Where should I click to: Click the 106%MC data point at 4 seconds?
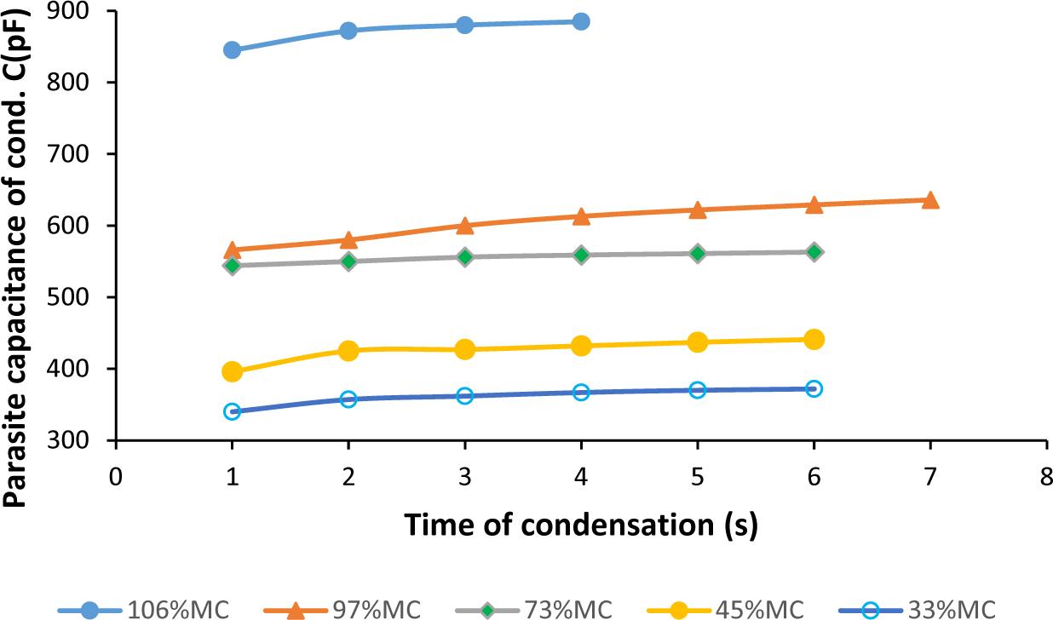pyautogui.click(x=581, y=21)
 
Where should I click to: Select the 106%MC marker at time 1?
pyautogui.click(x=232, y=50)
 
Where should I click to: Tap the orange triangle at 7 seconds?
pyautogui.click(x=930, y=200)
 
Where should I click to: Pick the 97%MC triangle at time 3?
pyautogui.click(x=464, y=226)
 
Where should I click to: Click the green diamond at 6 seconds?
pyautogui.click(x=814, y=252)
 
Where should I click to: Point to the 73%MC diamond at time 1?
pyautogui.click(x=232, y=266)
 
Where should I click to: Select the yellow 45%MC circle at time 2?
pyautogui.click(x=348, y=351)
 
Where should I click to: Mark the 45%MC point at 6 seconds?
pyautogui.click(x=814, y=340)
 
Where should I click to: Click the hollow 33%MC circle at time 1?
pyautogui.click(x=232, y=411)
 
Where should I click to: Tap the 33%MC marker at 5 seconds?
pyautogui.click(x=698, y=390)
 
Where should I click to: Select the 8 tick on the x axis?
pyautogui.click(x=1046, y=475)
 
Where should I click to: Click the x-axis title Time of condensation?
pyautogui.click(x=580, y=525)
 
